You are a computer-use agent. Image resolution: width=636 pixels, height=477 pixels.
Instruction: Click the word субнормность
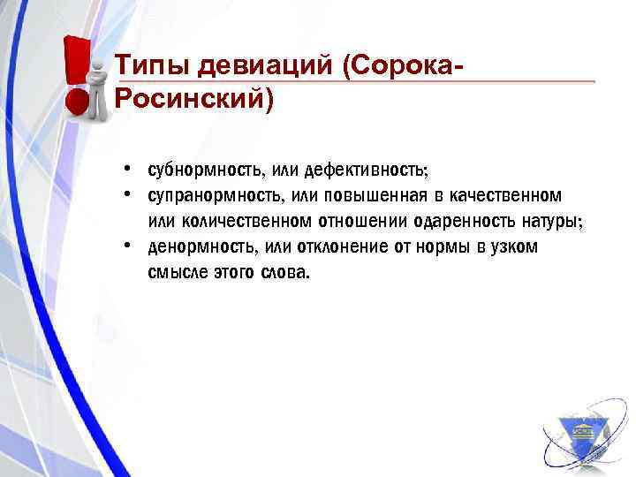click(x=199, y=168)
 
